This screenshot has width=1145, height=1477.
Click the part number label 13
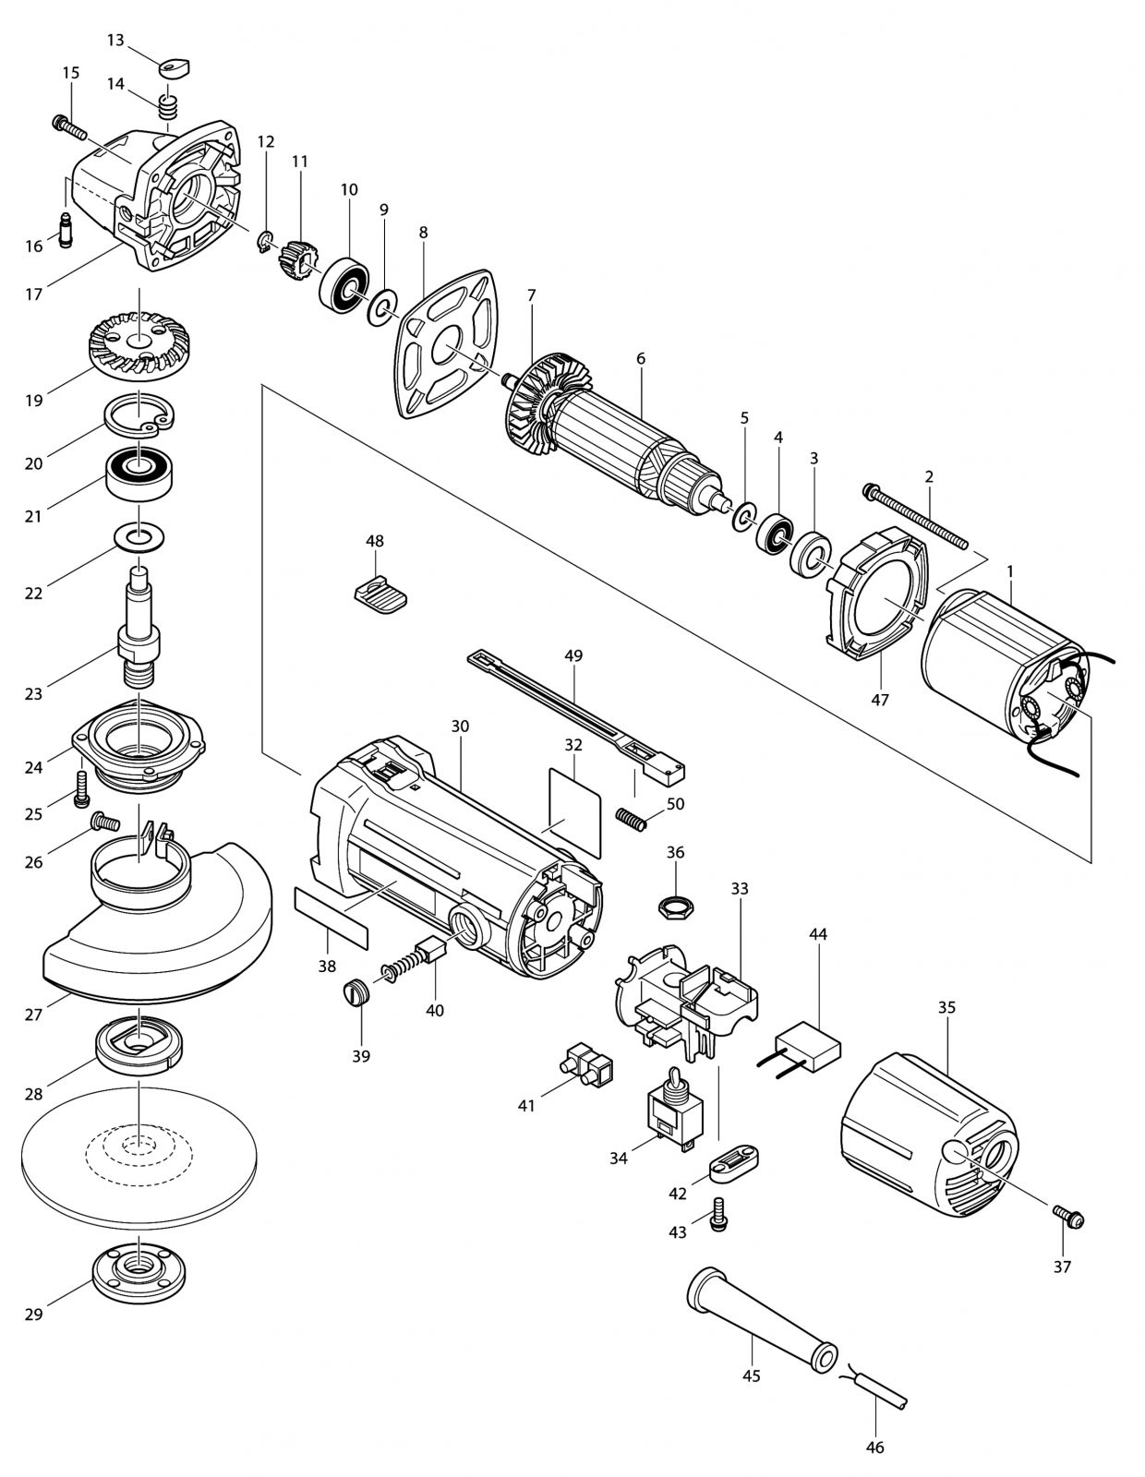pos(115,40)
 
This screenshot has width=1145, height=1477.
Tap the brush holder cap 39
pos(356,995)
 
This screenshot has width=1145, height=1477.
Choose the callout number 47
pos(880,700)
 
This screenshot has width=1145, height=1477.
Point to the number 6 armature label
pos(641,358)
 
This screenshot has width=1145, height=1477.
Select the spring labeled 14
pos(167,107)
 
